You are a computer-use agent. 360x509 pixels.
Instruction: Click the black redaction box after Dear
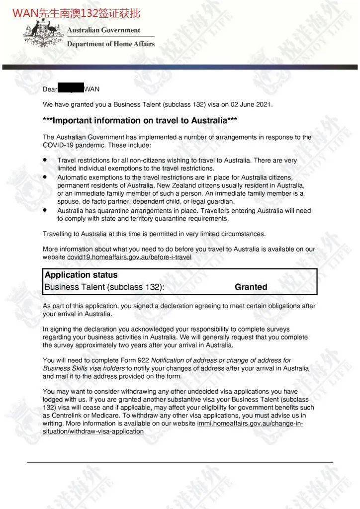[x=71, y=89]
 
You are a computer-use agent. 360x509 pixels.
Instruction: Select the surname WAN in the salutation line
[x=92, y=89]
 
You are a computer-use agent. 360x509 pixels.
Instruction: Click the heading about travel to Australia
[x=140, y=121]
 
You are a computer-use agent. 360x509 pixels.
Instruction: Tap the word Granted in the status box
[x=251, y=287]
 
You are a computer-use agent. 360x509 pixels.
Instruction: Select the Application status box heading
[x=81, y=275]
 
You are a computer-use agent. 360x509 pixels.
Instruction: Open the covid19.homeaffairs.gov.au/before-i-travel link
[x=129, y=257]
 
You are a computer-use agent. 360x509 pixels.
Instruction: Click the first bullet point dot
[x=45, y=160]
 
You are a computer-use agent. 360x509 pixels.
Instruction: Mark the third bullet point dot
[x=45, y=210]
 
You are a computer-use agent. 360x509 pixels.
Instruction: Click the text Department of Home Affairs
[x=111, y=44]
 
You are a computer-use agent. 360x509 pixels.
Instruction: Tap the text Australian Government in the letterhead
[x=103, y=30]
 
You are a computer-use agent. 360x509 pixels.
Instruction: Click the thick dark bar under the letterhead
[x=180, y=67]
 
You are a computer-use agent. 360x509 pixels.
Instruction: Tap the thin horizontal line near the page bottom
[x=180, y=463]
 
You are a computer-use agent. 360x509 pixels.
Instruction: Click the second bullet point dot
[x=45, y=177]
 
